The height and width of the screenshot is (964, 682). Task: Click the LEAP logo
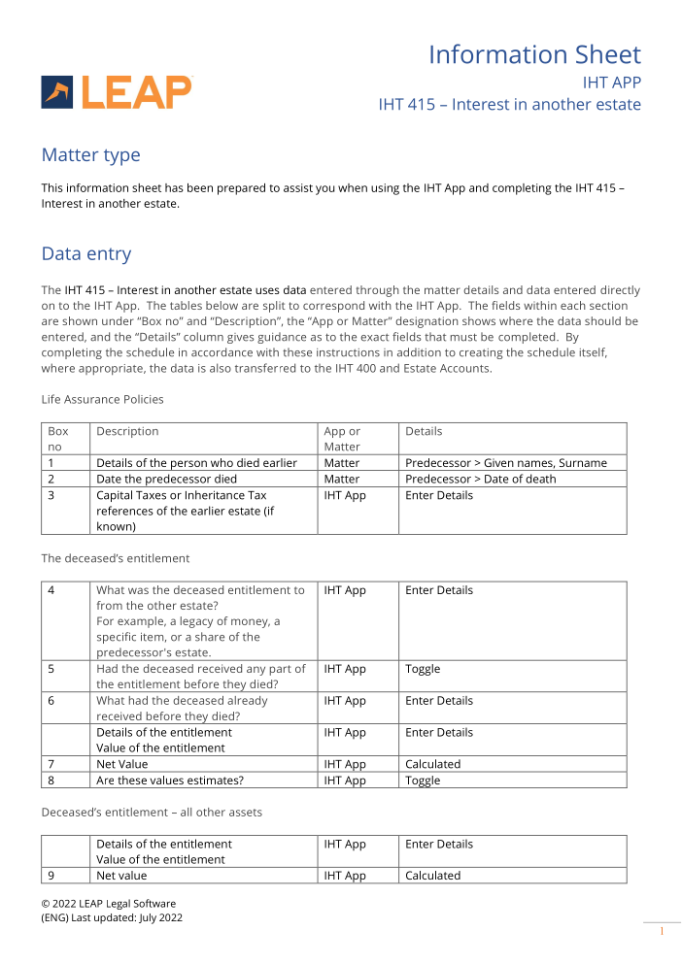click(x=117, y=92)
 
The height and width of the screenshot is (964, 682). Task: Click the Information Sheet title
click(x=534, y=54)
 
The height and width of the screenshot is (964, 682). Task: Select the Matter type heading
click(x=90, y=155)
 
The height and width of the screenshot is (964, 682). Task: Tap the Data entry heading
click(x=85, y=254)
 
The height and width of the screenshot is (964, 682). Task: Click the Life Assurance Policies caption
click(x=102, y=399)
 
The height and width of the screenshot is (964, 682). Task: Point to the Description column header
click(x=127, y=431)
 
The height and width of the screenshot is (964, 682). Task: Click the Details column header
click(x=424, y=431)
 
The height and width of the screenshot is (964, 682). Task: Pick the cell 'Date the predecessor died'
click(x=166, y=479)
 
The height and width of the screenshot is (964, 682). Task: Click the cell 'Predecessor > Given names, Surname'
click(x=505, y=463)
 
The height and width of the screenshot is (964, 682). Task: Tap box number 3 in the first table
click(x=51, y=495)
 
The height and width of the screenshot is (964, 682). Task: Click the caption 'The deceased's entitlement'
click(x=115, y=558)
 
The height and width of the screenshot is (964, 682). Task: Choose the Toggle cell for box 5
click(x=423, y=669)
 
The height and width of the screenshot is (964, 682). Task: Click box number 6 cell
click(x=51, y=701)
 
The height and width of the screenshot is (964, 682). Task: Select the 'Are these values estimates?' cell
click(x=170, y=781)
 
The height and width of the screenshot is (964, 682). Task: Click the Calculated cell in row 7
click(x=432, y=764)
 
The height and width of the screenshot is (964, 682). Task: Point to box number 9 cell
click(x=51, y=876)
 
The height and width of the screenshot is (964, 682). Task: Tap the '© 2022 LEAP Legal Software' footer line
click(x=108, y=903)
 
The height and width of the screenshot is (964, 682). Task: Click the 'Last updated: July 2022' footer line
click(x=112, y=917)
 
